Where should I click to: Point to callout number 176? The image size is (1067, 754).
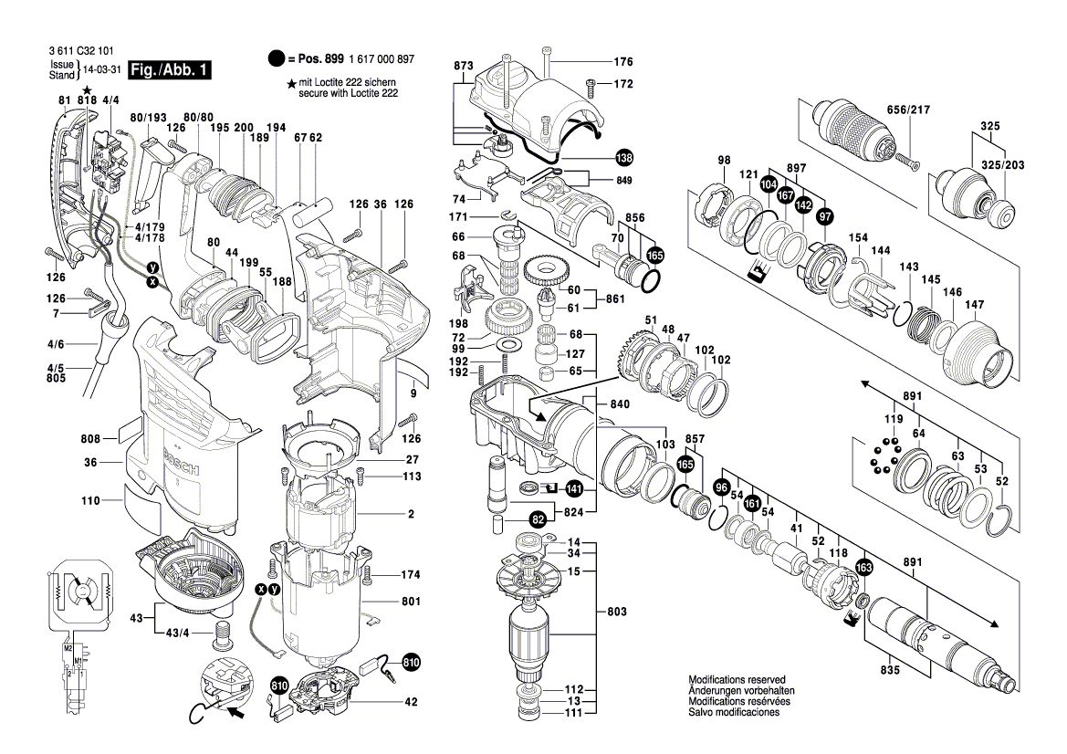pos(622,62)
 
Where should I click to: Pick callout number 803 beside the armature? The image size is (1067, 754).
pos(618,609)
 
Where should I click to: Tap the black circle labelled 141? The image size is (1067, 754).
pos(573,487)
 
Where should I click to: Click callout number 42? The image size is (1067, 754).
pos(411,702)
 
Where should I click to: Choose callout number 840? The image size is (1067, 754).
pos(620,403)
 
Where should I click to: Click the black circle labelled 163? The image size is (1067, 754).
pos(864,567)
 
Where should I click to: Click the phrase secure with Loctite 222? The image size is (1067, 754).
pos(348,93)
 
